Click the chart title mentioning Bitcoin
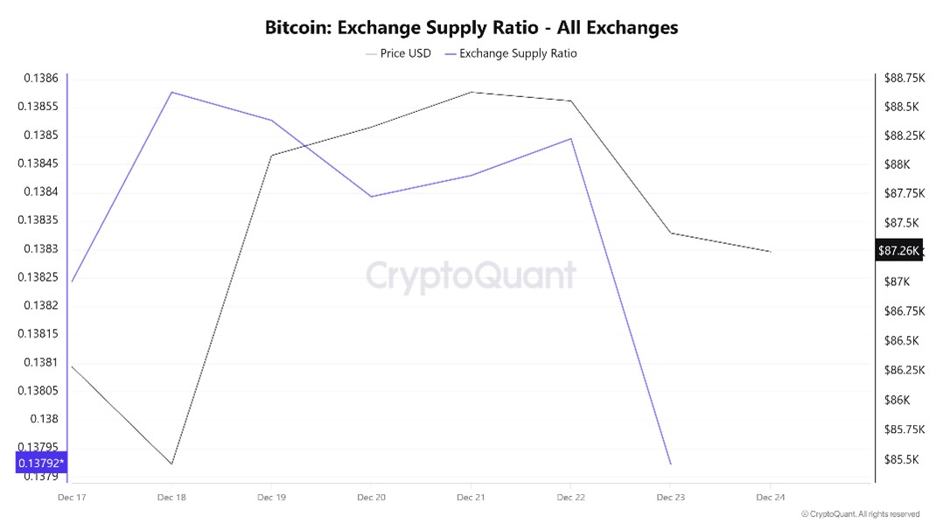[471, 27]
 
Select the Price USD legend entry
[398, 53]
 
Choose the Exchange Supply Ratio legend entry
[511, 53]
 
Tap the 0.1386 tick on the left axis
[40, 79]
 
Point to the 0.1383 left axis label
[40, 249]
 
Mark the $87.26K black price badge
[899, 251]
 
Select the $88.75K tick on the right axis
[904, 78]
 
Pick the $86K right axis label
[896, 400]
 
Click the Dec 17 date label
[72, 498]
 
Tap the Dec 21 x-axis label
[471, 498]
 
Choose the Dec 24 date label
[770, 498]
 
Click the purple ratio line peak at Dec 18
[171, 92]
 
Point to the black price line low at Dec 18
[171, 464]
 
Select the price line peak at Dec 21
[471, 92]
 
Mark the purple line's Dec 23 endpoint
[670, 464]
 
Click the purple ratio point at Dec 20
[371, 196]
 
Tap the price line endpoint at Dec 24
[770, 252]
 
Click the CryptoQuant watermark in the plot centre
[471, 275]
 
